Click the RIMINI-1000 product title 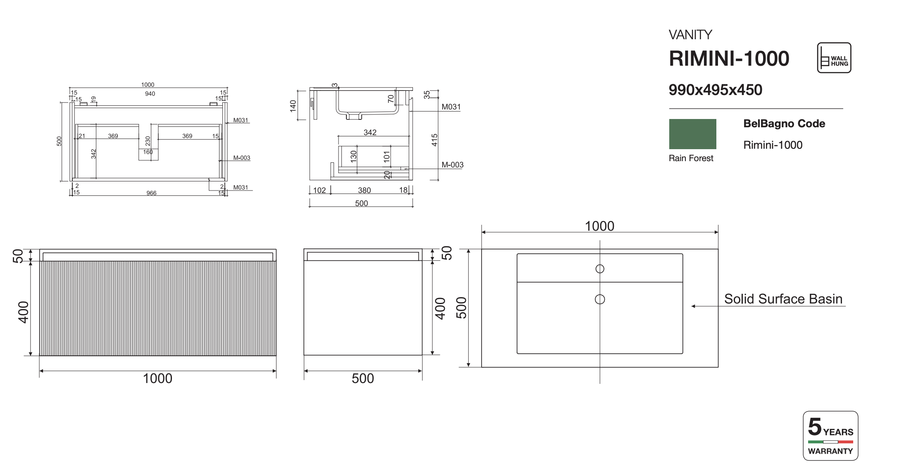tap(729, 58)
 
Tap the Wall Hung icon tap(834, 58)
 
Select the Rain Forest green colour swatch tap(692, 134)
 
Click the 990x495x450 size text tap(715, 90)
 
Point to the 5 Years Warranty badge tap(830, 436)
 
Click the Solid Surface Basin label tap(783, 299)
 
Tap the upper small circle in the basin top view tap(600, 269)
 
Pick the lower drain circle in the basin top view tap(600, 299)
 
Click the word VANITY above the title tap(690, 35)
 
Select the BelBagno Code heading tap(784, 124)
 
